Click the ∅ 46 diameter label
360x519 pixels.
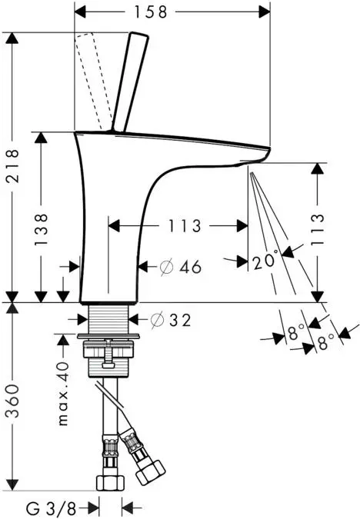click(x=180, y=267)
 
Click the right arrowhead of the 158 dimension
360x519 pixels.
click(x=265, y=12)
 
